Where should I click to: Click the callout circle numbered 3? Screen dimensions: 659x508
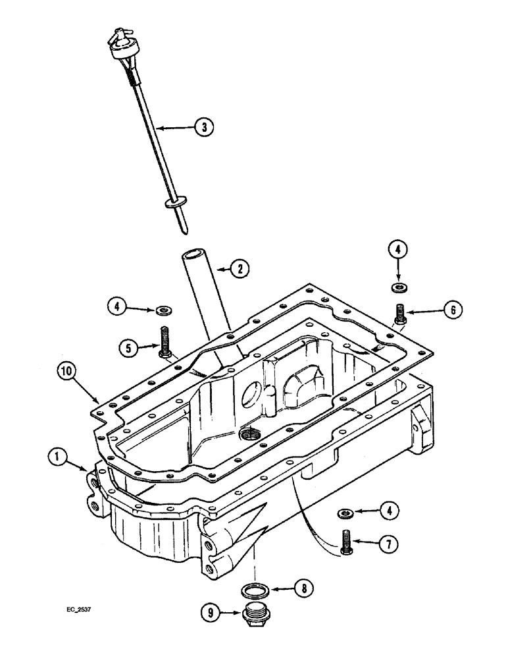click(205, 128)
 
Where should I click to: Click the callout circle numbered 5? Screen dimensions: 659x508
click(128, 346)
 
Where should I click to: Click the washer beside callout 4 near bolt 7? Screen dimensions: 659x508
click(344, 511)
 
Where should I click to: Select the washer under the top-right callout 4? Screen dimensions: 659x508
click(398, 287)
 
